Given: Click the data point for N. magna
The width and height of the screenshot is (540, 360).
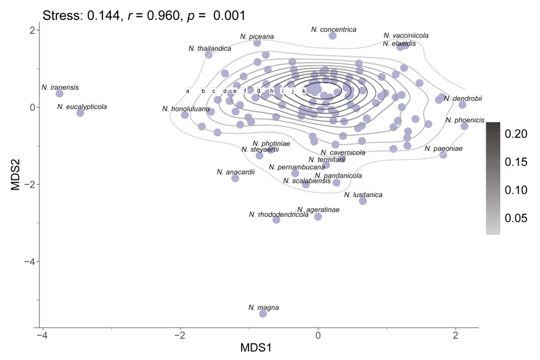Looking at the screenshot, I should pos(263,314).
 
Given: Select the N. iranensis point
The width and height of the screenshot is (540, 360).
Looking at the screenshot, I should pos(60,94).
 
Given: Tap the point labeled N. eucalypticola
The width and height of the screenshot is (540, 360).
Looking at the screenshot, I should pos(80,113).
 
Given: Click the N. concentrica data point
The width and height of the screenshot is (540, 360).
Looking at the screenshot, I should pos(333,36).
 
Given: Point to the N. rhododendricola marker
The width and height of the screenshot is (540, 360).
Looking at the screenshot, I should pos(276,220).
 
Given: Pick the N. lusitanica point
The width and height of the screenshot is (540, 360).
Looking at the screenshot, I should pos(363,201).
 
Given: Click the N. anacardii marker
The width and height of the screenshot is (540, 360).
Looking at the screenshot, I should pos(235,178).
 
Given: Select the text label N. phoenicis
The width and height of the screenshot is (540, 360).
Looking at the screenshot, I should pos(465,120).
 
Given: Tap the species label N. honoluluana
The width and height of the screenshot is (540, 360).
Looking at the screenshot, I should pos(186,109).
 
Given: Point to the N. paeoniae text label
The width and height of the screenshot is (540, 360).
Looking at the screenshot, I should pos(443,149).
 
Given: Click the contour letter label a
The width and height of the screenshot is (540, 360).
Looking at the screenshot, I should pos(188,91).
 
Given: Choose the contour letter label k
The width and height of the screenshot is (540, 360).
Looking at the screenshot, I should pos(304,91).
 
